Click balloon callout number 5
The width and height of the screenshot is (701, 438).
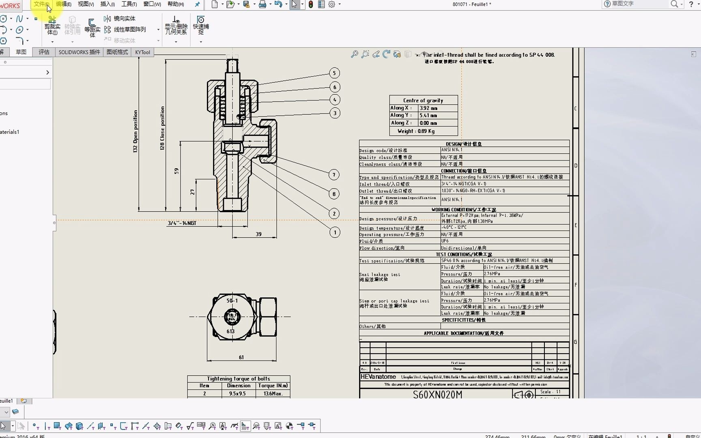(334, 73)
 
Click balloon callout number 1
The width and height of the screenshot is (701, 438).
(335, 232)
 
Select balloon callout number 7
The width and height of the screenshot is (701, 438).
(334, 175)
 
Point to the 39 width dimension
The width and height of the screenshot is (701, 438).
(258, 234)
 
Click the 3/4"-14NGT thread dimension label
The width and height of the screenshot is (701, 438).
(182, 223)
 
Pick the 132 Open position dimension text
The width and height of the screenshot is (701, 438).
(135, 131)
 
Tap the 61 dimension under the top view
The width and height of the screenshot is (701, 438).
(241, 357)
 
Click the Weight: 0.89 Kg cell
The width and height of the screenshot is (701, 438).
(416, 131)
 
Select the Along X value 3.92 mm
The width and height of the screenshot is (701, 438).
(428, 108)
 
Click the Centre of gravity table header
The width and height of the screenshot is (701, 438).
(423, 100)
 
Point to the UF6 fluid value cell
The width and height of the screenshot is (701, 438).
(445, 241)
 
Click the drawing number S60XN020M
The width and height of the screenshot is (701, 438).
(437, 394)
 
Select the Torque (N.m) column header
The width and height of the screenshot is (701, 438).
(273, 386)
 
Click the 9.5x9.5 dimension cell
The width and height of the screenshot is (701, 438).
(237, 393)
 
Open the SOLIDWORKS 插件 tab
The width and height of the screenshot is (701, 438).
(79, 52)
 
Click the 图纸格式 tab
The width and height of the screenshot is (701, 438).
(117, 52)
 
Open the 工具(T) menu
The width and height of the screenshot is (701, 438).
(129, 4)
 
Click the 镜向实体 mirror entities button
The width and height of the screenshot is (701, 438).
(120, 19)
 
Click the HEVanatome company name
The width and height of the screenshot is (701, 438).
(378, 376)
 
